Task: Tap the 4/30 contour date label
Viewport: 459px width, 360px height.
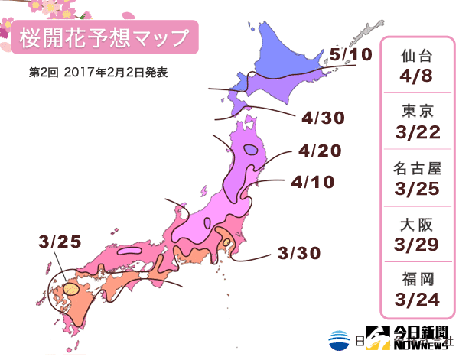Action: pos(322,118)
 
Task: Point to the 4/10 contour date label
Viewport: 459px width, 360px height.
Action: pos(312,183)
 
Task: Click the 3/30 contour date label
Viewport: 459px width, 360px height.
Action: pos(298,252)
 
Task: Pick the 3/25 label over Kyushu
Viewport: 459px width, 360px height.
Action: pos(58,242)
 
